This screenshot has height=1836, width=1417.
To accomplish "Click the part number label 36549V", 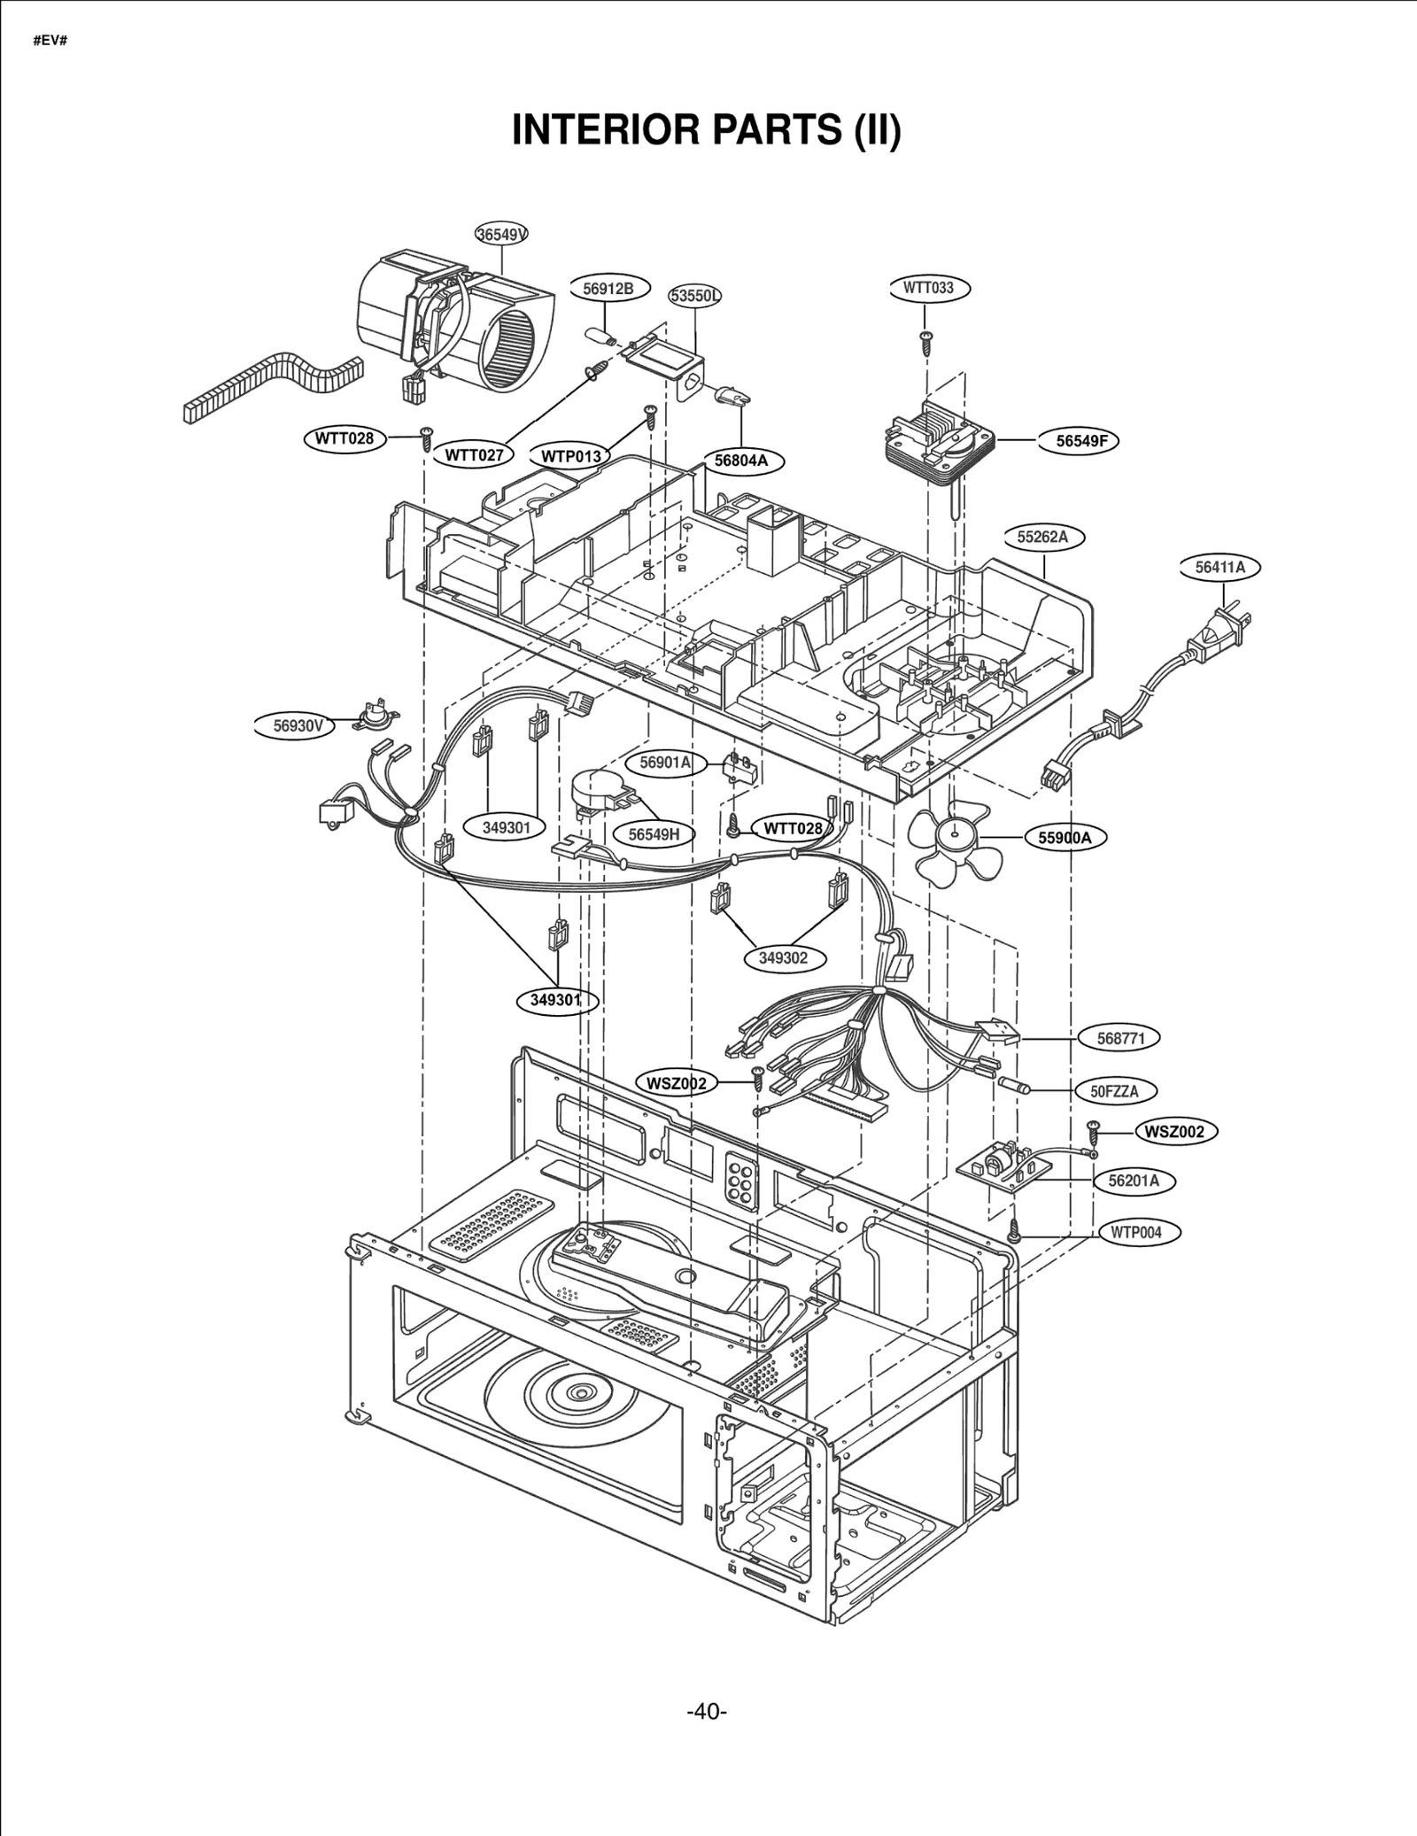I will tap(502, 234).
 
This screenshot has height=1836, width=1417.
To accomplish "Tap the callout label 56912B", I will tap(608, 289).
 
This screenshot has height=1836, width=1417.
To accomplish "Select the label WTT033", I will tap(928, 288).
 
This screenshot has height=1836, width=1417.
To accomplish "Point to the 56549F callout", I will tap(1081, 440).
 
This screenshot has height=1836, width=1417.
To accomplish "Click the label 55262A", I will tap(1042, 537).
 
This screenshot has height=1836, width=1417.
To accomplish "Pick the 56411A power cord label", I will tap(1220, 568).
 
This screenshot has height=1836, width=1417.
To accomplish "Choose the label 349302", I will tap(783, 957).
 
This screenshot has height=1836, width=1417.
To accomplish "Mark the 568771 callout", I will tap(1121, 1038).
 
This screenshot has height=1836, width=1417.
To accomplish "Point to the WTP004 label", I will tap(1136, 1232).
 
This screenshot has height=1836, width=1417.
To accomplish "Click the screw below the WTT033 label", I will tap(926, 342).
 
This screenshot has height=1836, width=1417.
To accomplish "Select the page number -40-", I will tap(707, 1711).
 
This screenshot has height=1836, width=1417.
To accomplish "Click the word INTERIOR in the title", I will tap(608, 130).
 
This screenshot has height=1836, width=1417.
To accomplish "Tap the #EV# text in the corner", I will tap(50, 41).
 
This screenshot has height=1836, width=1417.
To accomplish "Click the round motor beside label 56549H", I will tap(596, 790).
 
